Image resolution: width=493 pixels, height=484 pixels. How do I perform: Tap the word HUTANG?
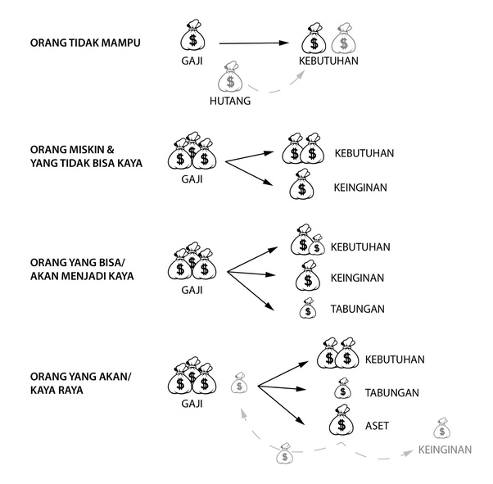(x=232, y=100)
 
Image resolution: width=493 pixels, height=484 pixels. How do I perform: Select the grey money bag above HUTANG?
(x=232, y=76)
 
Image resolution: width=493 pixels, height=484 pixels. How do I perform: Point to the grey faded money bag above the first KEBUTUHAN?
(x=345, y=39)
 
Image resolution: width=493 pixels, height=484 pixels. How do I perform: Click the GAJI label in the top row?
(x=193, y=61)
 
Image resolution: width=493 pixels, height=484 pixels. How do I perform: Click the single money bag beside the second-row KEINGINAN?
(x=302, y=185)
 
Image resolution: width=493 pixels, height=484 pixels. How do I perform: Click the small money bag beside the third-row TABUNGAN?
(x=308, y=309)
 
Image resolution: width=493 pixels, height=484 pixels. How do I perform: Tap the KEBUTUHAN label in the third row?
(x=360, y=247)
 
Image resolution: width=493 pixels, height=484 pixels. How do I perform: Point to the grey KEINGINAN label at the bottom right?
(x=445, y=450)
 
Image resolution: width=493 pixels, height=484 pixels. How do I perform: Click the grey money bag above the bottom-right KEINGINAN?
(x=442, y=428)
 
